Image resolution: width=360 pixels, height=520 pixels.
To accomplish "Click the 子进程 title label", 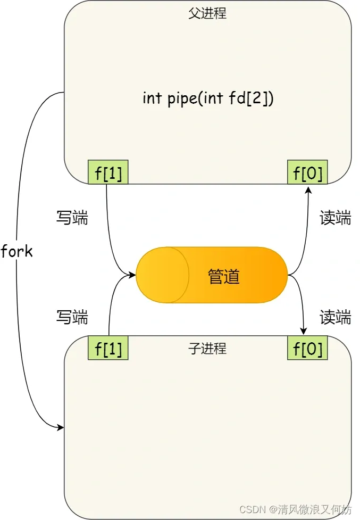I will pos(207,349).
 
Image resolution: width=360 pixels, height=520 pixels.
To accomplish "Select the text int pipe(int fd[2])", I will pos(208,98).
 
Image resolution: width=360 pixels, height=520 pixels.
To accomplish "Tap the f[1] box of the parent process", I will pos(108,172).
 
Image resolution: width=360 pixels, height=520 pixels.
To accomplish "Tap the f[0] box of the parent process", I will pos(308,172).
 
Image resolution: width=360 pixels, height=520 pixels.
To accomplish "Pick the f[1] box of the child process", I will pos(108,349).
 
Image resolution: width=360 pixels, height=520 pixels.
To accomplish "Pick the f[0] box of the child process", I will pos(308,349).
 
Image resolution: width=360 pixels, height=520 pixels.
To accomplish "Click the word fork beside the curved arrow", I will pos(17,251).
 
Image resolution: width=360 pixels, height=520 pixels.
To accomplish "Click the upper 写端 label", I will pos(72,218).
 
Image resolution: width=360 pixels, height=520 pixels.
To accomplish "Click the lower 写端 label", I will pos(72,318).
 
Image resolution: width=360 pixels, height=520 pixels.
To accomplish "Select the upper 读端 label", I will pos(335,218).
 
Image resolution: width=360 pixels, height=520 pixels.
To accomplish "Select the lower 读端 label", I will pos(335,318).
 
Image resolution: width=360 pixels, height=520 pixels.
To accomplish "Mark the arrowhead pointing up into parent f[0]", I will pos(308,188).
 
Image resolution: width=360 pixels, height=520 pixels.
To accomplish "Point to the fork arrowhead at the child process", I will pos(61,427).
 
